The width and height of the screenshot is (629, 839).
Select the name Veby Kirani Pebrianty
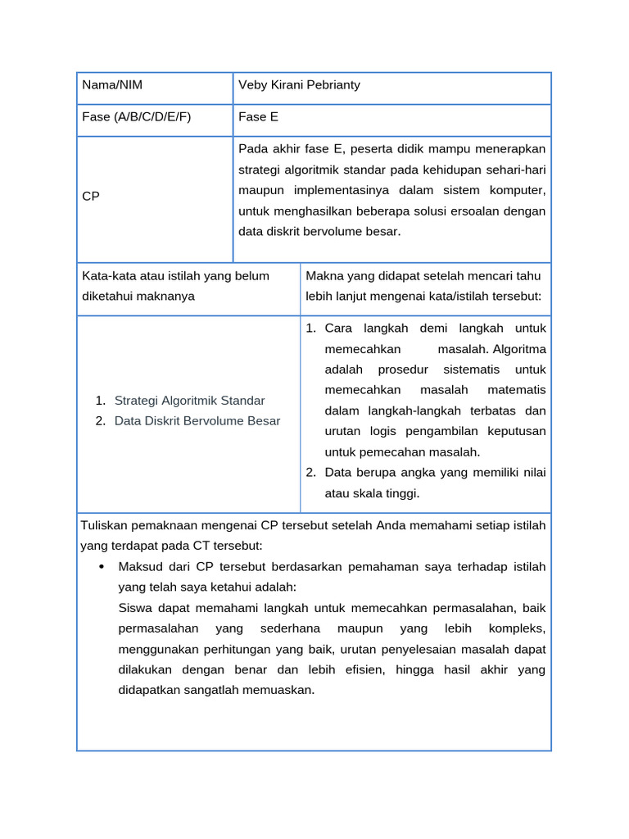(299, 85)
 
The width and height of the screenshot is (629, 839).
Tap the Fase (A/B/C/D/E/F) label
(136, 116)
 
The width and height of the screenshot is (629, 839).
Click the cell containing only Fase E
(258, 116)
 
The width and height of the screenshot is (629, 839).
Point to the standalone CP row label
(91, 197)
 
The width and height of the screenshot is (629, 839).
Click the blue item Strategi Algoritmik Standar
(189, 401)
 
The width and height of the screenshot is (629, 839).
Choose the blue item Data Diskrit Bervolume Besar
(197, 420)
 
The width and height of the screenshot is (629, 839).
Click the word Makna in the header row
(324, 275)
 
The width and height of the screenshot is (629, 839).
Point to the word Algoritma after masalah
(518, 348)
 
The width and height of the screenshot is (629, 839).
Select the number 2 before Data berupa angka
(310, 472)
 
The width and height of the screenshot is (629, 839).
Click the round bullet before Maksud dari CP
(101, 567)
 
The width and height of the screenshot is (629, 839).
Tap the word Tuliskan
(106, 524)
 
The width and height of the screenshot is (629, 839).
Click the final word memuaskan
(281, 690)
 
